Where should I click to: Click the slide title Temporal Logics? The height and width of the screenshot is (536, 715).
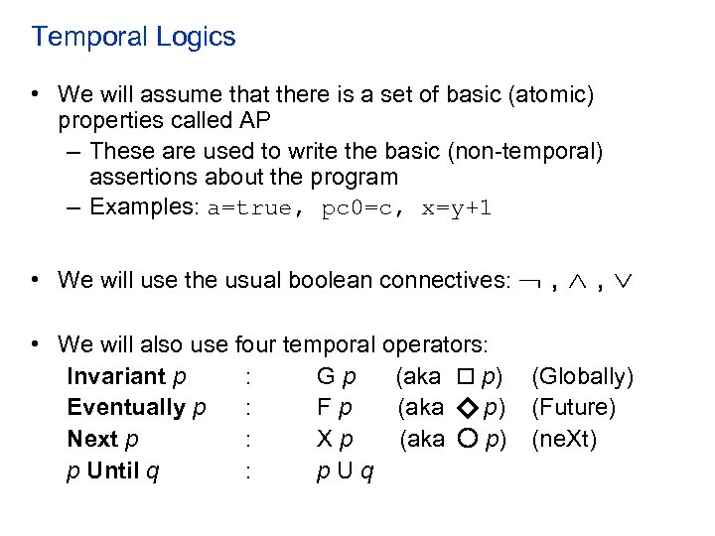coord(133,38)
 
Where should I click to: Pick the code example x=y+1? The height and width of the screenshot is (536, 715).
coord(456,209)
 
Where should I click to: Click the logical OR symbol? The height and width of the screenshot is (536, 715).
coord(623,281)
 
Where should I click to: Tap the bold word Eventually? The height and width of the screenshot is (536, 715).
coord(126,407)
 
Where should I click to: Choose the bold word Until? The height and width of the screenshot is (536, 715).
coord(113,470)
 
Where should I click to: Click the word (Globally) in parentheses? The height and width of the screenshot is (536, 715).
coord(583,377)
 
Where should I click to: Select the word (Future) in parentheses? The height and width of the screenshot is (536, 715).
coord(574,408)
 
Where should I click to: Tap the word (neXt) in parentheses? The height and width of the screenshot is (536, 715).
coord(565,439)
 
